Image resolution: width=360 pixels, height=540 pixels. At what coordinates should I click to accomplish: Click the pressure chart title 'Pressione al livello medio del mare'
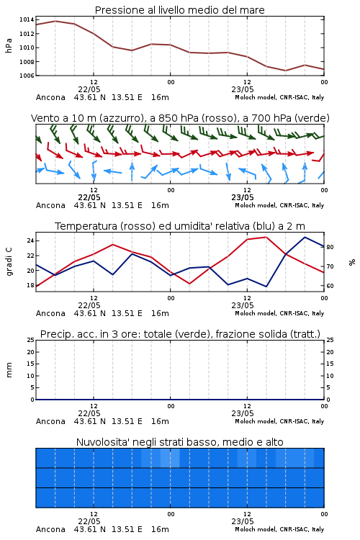coord(179,10)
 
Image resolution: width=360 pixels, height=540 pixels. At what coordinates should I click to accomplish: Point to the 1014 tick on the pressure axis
coord(27,19)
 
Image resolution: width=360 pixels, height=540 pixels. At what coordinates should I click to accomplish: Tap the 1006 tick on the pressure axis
coord(27,76)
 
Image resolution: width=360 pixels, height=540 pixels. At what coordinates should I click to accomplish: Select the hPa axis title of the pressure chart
coord(9,45)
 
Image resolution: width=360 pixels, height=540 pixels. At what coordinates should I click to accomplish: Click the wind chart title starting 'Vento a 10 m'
coord(180,118)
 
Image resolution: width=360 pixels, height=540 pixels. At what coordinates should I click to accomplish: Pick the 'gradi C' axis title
coord(9,261)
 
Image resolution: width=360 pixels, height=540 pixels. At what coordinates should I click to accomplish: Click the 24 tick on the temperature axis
coord(30,240)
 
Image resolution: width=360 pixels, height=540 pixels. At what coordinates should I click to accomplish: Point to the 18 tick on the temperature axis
coord(30,285)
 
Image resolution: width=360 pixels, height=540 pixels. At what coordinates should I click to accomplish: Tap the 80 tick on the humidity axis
coord(330,247)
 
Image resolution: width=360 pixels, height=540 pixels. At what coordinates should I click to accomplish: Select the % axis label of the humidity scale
coord(352,262)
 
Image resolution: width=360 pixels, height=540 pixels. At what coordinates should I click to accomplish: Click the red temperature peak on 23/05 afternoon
coord(266,237)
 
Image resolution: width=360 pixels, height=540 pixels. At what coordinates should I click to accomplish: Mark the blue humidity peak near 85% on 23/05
coord(305,237)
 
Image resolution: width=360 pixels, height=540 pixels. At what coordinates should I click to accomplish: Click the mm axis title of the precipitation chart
coord(9,369)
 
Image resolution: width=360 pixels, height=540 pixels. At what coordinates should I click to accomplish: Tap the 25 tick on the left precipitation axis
coord(31,340)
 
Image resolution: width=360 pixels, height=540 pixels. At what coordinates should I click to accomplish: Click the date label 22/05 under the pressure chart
coord(89,89)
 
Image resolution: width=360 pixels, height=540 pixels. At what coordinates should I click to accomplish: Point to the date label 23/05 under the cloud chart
coord(243,521)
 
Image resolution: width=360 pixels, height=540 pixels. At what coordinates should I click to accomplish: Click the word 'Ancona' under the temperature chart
coord(50,313)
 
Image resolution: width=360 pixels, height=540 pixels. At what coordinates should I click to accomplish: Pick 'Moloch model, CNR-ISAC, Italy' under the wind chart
coord(279,206)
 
